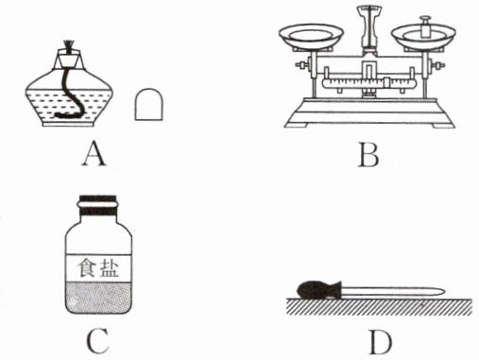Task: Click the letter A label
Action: point(94,154)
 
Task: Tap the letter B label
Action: point(368,155)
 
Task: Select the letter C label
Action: point(97,341)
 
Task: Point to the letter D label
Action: point(381,342)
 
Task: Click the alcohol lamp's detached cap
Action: point(149,104)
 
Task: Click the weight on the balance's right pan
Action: point(426,27)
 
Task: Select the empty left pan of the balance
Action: point(311,35)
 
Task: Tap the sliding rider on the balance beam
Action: point(387,83)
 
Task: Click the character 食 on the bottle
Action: point(86,268)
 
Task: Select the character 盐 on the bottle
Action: point(110,268)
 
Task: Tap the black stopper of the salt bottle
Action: point(98,204)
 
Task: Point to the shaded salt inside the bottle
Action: point(98,297)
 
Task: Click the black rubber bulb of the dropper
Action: point(319,289)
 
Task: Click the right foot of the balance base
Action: point(443,125)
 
